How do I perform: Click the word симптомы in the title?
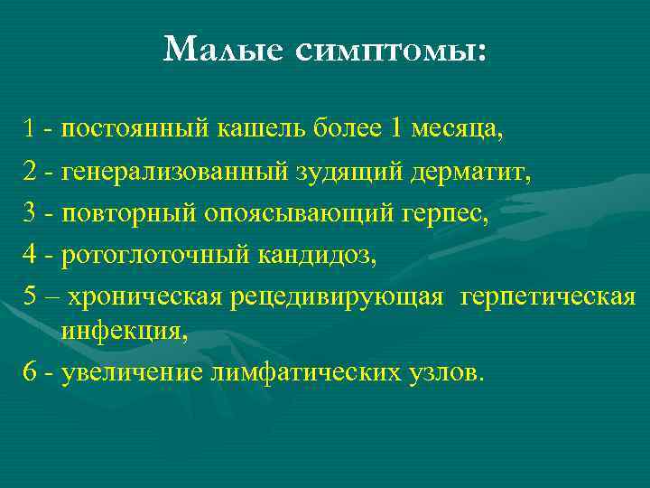coord(389,50)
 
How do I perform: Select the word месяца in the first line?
coord(457,129)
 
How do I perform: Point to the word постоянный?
coord(135,129)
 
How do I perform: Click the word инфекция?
coord(125,332)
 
